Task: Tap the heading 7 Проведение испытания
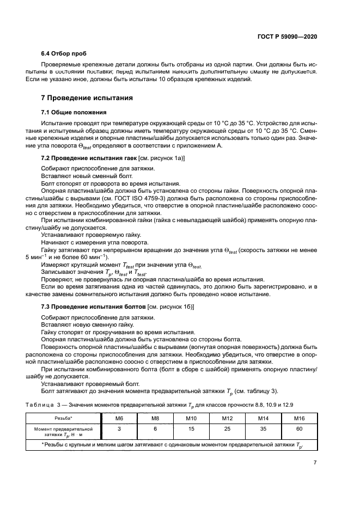pos(84,99)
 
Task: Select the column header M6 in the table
pos(118,418)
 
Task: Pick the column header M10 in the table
pos(191,418)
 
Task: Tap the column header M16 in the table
pos(299,418)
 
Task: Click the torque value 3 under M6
pos(118,429)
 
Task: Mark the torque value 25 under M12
pos(227,429)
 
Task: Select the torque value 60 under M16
pos(299,429)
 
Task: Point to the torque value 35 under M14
pos(263,429)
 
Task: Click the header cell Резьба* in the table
pos(63,418)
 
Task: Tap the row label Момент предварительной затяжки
pos(63,432)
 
